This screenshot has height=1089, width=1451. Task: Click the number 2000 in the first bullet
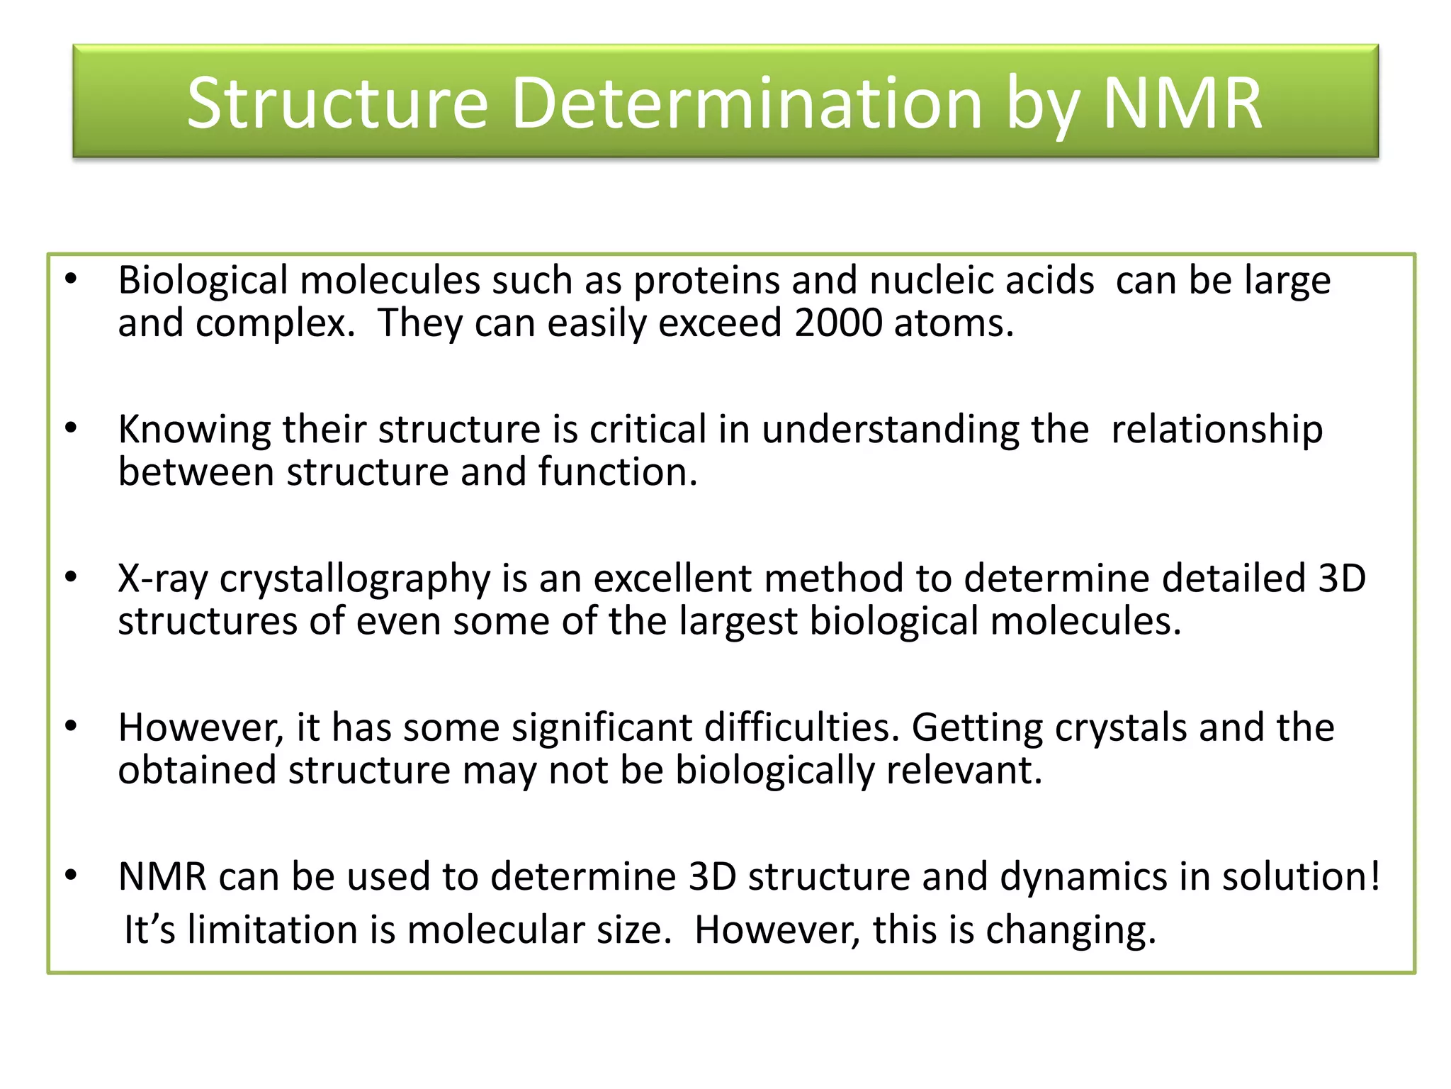tap(838, 323)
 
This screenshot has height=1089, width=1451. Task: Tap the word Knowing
tap(194, 430)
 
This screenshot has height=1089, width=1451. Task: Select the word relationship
tap(1216, 430)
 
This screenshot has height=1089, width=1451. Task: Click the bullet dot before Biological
tap(71, 279)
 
